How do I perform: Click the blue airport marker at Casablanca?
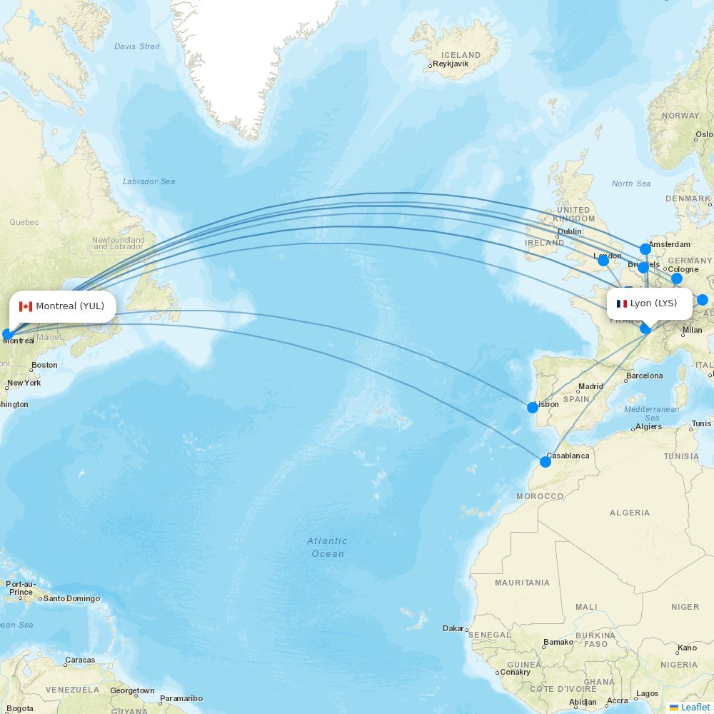click(545, 462)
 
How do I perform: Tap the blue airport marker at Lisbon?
click(533, 408)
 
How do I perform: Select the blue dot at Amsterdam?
click(645, 249)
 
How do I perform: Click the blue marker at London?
click(603, 260)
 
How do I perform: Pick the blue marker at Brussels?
click(643, 268)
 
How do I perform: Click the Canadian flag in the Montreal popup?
click(26, 306)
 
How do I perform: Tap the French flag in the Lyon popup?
click(622, 303)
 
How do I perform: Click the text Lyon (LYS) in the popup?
click(653, 303)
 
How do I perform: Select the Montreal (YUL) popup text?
click(70, 306)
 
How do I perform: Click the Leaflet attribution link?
click(695, 707)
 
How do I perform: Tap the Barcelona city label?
click(644, 376)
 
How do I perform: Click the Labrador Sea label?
click(149, 181)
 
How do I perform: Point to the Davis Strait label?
click(137, 46)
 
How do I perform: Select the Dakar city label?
click(453, 628)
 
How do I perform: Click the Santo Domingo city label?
click(71, 598)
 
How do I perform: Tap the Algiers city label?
click(648, 426)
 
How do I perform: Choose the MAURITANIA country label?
click(523, 583)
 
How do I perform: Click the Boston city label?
click(44, 366)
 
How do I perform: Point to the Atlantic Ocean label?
click(328, 547)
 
